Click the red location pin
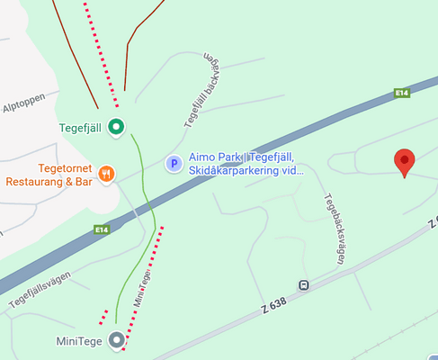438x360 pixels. coord(405,162)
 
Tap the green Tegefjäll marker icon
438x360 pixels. coord(115,127)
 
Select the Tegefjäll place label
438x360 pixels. coord(80,127)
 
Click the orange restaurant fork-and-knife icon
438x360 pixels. coord(107,174)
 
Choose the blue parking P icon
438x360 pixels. coord(174,163)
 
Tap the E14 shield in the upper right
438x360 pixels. coord(402,93)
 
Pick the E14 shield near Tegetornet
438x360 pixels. coord(101,230)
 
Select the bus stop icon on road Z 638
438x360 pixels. coord(304,286)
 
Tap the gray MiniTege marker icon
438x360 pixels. coord(116,340)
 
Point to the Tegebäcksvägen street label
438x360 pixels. coord(335,229)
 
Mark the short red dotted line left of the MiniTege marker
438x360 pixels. coord(104,317)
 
